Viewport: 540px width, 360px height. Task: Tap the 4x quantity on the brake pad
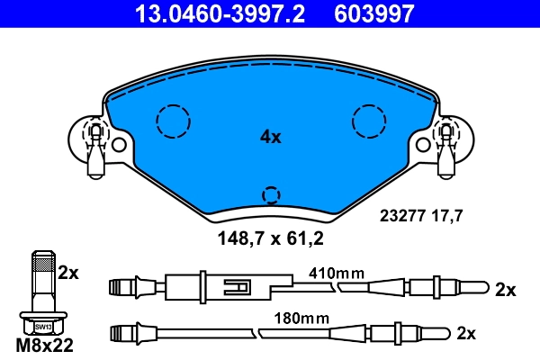(270, 138)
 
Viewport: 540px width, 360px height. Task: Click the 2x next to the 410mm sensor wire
(505, 290)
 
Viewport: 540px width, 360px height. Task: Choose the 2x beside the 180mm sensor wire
(465, 333)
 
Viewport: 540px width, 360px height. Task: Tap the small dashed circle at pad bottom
(270, 195)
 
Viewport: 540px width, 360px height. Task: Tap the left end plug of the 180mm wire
(121, 334)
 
